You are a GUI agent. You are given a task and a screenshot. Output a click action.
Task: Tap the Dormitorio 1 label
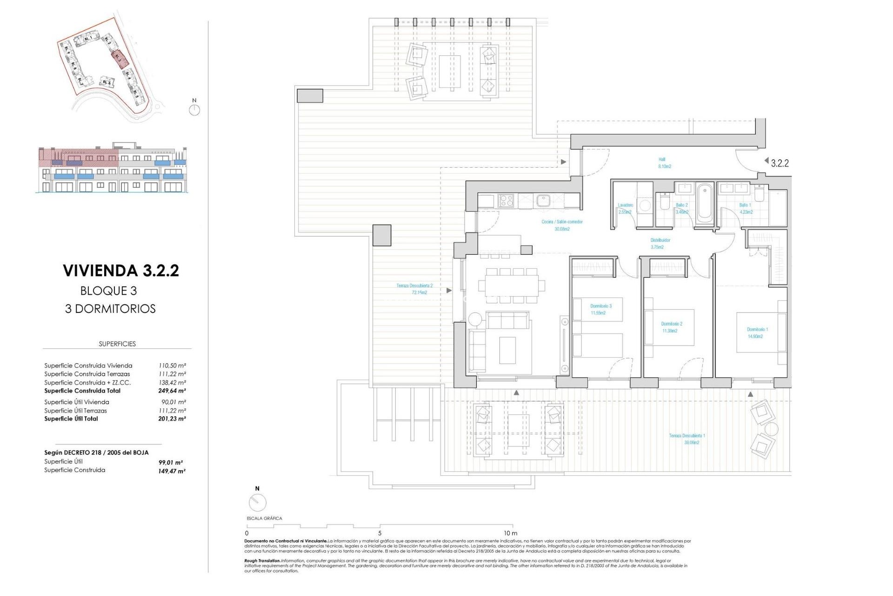pyautogui.click(x=757, y=332)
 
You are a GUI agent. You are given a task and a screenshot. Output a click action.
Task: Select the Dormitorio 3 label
pyautogui.click(x=600, y=309)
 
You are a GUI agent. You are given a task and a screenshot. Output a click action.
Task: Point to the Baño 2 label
pyautogui.click(x=681, y=208)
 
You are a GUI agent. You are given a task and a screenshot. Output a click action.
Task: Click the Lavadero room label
pyautogui.click(x=625, y=208)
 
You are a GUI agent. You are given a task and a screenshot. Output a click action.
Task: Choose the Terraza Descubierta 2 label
pyautogui.click(x=414, y=289)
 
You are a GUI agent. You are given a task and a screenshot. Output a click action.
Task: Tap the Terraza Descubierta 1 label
pyautogui.click(x=687, y=439)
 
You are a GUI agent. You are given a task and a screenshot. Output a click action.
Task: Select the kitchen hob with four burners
pyautogui.click(x=506, y=201)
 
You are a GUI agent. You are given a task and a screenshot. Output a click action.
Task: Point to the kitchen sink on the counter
pyautogui.click(x=543, y=201)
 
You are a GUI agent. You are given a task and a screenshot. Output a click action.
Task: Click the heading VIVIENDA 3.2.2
pyautogui.click(x=121, y=271)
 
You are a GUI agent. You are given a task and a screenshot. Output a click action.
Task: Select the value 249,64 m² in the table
pyautogui.click(x=172, y=391)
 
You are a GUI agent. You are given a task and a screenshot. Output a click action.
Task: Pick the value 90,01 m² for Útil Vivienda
pyautogui.click(x=172, y=402)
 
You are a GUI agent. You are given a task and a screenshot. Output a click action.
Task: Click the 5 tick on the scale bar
pyautogui.click(x=380, y=533)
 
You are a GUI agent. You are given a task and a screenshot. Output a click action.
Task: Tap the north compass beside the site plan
pyautogui.click(x=194, y=110)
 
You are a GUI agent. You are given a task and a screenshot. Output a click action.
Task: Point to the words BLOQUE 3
pyautogui.click(x=108, y=291)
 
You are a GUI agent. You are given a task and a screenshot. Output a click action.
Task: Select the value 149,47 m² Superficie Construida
pyautogui.click(x=172, y=471)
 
